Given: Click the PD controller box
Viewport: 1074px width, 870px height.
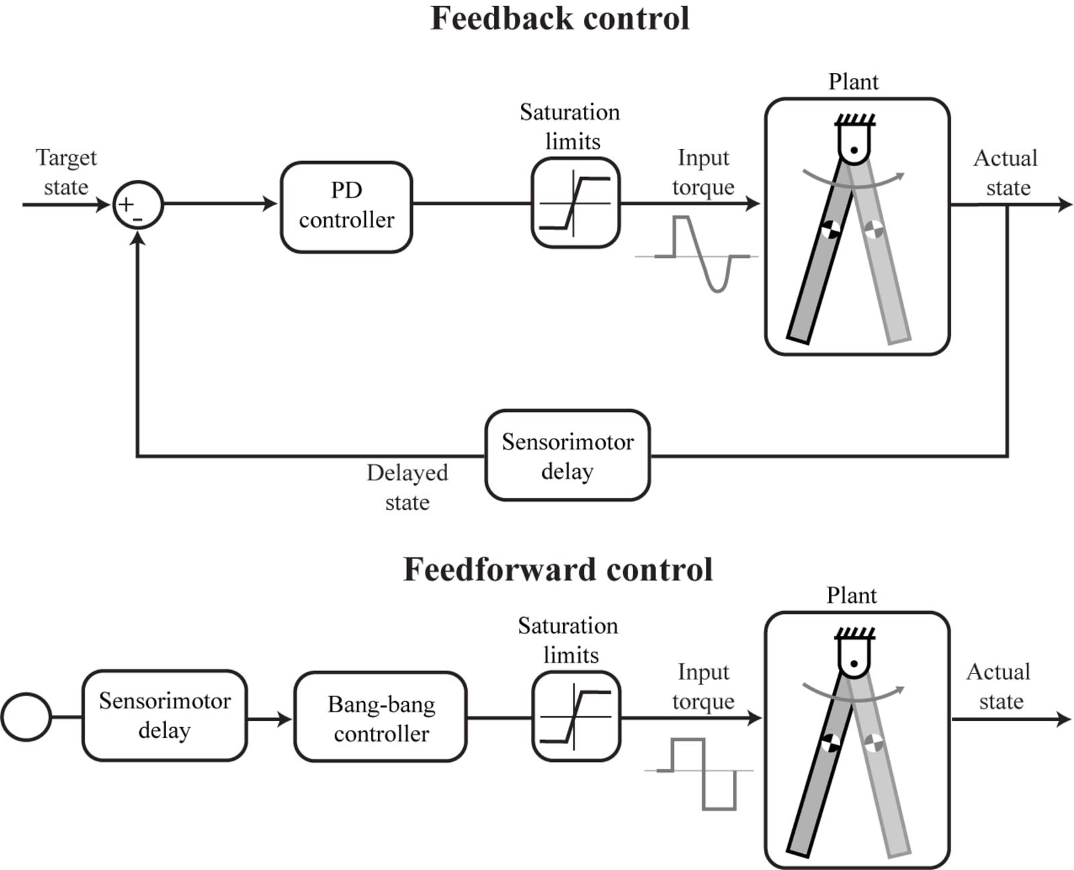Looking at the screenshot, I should tap(346, 206).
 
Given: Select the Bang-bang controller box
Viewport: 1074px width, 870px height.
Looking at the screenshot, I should tap(380, 718).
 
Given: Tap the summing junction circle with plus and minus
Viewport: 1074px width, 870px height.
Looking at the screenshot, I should tap(138, 205).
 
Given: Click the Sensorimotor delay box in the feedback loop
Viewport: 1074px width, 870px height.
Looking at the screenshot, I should tap(567, 455).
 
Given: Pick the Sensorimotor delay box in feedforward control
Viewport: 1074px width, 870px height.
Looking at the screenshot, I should tap(164, 715).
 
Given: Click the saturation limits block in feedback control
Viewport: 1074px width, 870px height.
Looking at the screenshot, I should tap(575, 203).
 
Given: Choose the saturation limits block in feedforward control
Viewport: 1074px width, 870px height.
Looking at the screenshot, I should tap(575, 716).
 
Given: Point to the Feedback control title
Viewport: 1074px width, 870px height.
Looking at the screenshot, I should tap(559, 19).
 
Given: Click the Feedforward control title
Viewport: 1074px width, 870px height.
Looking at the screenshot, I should tap(557, 569).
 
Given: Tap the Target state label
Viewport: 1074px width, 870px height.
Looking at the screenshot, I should tap(66, 172).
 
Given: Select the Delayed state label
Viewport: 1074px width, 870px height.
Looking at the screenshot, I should tap(407, 487).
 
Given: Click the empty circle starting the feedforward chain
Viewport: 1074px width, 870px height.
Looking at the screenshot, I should tap(26, 716).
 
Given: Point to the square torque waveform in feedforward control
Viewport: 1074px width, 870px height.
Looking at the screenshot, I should tap(702, 773).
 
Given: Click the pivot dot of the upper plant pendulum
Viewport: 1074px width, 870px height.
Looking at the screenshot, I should tap(854, 150).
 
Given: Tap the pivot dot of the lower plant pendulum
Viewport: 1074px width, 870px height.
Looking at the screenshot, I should tap(854, 663).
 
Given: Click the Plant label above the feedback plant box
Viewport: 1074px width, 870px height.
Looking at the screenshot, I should tap(853, 82).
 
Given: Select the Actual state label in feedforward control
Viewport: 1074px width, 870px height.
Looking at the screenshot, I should tap(999, 686).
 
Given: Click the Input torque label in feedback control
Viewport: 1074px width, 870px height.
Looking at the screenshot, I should tap(703, 172).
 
